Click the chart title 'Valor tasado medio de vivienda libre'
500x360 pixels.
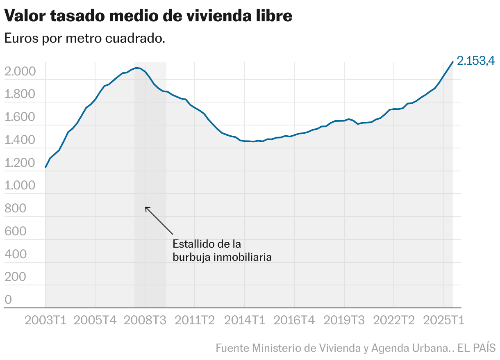tap(148, 16)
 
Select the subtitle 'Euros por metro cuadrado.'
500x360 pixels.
tap(84, 39)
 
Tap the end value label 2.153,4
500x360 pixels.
tap(476, 61)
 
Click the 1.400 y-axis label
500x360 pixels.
tap(20, 140)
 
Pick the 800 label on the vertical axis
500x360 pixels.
tap(15, 209)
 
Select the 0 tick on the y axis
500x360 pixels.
tap(8, 300)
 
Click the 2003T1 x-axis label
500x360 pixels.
tap(45, 320)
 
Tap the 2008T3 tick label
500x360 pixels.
tap(145, 320)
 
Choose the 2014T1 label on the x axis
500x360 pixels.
tap(244, 320)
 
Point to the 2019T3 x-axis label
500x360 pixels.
tap(344, 320)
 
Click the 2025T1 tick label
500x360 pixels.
tap(444, 320)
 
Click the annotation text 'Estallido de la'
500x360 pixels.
tap(207, 244)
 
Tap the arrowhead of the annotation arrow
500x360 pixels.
tap(146, 208)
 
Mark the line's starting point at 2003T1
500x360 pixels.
tap(45, 167)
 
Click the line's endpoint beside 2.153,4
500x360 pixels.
tap(452, 62)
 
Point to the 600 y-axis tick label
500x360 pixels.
tap(15, 232)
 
